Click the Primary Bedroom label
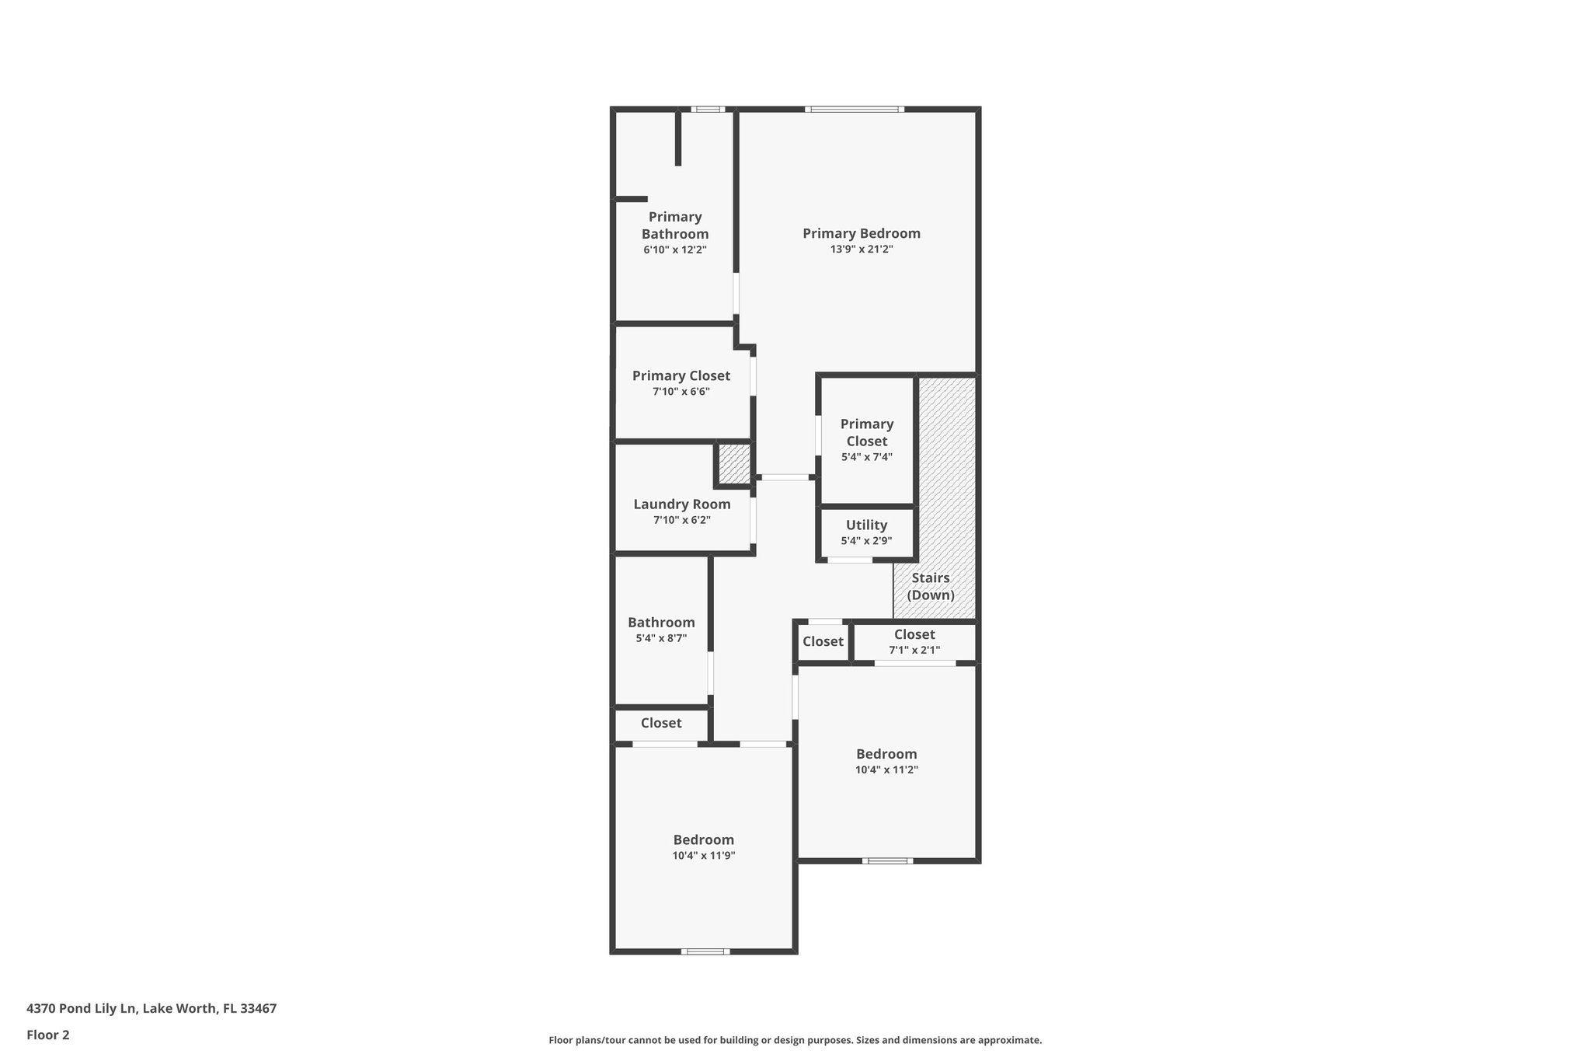coord(861,233)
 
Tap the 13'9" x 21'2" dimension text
coord(861,250)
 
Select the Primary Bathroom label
coord(675,225)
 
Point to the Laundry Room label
coord(681,504)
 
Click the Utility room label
coord(866,525)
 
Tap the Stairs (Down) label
coord(931,587)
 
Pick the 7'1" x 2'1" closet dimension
coord(914,650)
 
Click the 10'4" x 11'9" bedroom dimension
coord(703,856)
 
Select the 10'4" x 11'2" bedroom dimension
coord(886,770)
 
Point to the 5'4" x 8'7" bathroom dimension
coord(661,638)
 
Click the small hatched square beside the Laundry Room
coord(733,463)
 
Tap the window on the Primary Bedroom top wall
coord(855,109)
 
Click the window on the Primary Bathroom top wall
coord(708,109)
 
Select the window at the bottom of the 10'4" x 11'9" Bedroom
coord(705,951)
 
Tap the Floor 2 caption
coord(48,1035)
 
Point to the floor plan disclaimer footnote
coord(795,1040)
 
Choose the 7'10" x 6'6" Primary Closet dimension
coord(681,392)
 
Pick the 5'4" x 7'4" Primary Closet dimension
coord(866,457)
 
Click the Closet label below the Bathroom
coord(661,723)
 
